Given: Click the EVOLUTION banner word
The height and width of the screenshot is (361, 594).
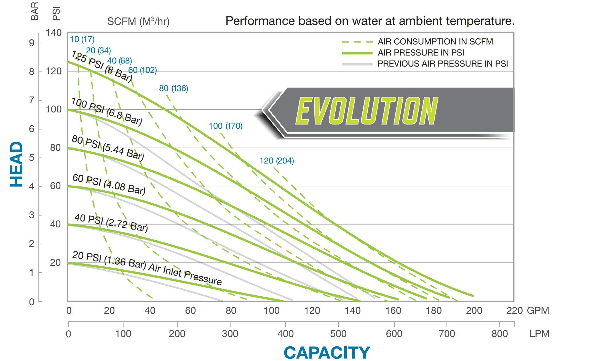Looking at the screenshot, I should (367, 111).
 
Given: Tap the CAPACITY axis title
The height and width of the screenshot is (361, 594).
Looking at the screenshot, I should (327, 353).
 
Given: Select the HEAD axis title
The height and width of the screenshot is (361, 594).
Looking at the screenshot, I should (16, 164).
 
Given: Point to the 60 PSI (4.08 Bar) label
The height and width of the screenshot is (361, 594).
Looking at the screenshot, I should (109, 184).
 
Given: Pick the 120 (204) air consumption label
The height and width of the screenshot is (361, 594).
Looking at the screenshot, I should (277, 161).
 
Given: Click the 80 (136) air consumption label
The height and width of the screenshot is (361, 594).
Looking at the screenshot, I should (173, 88).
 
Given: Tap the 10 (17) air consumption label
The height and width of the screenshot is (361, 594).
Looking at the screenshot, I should (82, 39).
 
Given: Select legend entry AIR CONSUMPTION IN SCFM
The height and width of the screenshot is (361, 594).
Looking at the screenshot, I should (435, 42).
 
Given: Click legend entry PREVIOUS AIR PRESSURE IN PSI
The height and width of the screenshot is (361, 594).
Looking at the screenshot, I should (443, 64).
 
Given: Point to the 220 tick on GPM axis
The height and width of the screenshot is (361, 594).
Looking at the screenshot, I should (515, 310).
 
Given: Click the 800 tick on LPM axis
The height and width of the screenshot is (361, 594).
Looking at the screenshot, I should (499, 334).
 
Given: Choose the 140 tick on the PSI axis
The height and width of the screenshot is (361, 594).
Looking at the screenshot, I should (53, 33).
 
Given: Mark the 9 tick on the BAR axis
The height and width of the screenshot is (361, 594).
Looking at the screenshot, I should (32, 43).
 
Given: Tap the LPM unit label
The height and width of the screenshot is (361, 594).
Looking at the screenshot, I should (539, 334).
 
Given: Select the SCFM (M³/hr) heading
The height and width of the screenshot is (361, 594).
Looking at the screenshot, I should (138, 22).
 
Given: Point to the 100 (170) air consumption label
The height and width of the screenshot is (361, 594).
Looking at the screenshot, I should (226, 126).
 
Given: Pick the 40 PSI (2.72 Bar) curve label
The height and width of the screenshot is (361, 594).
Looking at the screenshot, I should (111, 223).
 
